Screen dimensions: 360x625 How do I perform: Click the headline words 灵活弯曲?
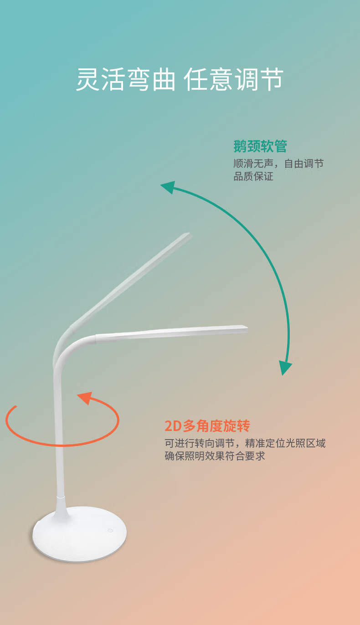(125, 80)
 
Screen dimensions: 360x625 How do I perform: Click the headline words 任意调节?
(234, 80)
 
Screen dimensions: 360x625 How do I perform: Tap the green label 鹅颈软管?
(260, 146)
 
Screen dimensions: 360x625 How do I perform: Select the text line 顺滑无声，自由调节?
(278, 164)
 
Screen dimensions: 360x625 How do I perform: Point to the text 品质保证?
(253, 177)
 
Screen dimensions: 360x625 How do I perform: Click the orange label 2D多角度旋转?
(207, 426)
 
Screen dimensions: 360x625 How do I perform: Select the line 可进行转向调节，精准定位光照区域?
(245, 443)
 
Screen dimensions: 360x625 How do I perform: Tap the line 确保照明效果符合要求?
(215, 456)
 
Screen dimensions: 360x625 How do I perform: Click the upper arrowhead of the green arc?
(168, 186)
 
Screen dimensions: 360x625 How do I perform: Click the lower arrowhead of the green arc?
(285, 367)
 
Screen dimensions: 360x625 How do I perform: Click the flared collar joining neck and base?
(61, 507)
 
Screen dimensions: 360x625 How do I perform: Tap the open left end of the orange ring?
(15, 406)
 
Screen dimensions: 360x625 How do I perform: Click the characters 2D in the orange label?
(173, 426)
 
